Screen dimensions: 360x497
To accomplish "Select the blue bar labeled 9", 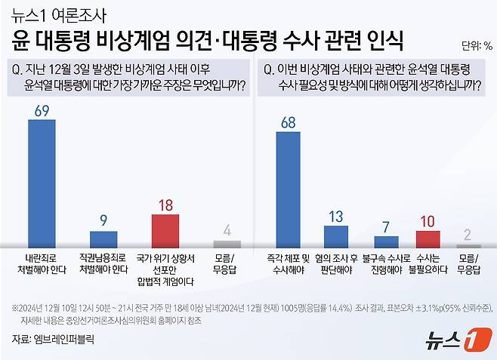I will pyautogui.click(x=103, y=239).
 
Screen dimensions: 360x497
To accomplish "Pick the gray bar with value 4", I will pyautogui.click(x=226, y=244).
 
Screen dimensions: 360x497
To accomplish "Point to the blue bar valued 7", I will pyautogui.click(x=386, y=242).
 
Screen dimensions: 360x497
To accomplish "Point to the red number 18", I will pyautogui.click(x=165, y=204).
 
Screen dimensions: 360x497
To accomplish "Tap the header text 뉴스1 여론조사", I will pyautogui.click(x=60, y=14).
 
